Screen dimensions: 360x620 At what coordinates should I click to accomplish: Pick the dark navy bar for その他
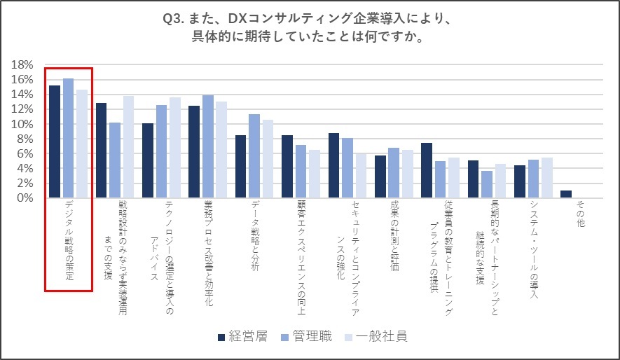pos(566,194)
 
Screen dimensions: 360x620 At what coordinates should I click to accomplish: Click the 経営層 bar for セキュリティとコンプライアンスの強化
pos(333,165)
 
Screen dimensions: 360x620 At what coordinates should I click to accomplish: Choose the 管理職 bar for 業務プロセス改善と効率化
pos(207,146)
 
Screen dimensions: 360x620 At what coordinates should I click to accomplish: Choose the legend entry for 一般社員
pos(377,337)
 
